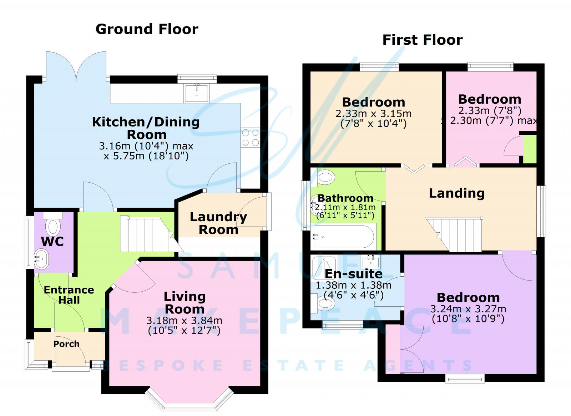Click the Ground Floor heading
pyautogui.click(x=147, y=29)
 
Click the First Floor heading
pyautogui.click(x=422, y=40)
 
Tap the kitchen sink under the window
pyautogui.click(x=197, y=93)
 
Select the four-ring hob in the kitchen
pyautogui.click(x=250, y=138)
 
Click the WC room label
pyautogui.click(x=52, y=242)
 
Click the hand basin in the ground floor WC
pyautogui.click(x=41, y=258)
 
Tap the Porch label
pyautogui.click(x=66, y=344)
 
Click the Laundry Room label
pyautogui.click(x=218, y=223)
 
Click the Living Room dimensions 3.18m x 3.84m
pyautogui.click(x=184, y=321)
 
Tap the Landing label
pyautogui.click(x=456, y=193)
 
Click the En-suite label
pyautogui.click(x=353, y=274)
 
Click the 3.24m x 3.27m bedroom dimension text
pyautogui.click(x=468, y=309)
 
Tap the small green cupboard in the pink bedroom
pyautogui.click(x=530, y=149)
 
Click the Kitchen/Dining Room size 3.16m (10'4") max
pyautogui.click(x=146, y=146)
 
